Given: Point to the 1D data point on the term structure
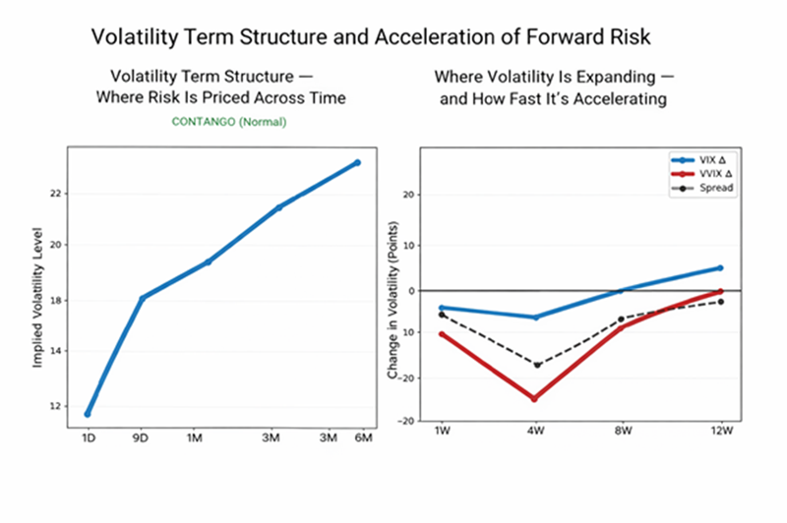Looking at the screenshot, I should point(88,414).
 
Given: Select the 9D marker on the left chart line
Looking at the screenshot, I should point(143,298).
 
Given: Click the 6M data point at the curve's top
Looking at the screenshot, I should point(358,162).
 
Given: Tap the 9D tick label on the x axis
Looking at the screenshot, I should point(143,436).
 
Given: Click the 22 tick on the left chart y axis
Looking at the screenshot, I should point(55,194).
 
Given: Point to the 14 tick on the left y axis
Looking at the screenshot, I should point(55,351).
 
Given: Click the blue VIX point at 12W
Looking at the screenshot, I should point(720,267).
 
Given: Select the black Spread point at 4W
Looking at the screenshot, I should point(536,364).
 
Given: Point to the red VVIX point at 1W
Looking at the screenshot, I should point(442,334).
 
